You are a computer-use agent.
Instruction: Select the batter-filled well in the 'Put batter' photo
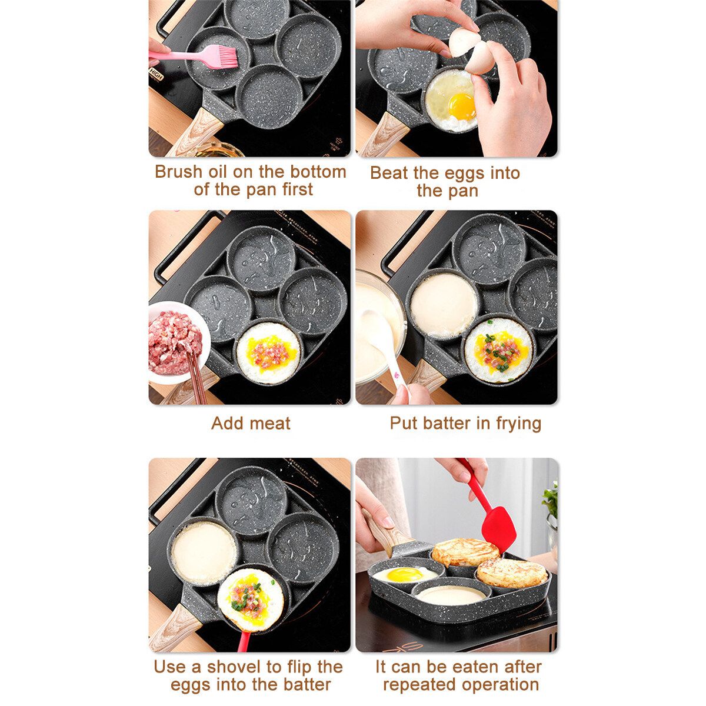point(444,305)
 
